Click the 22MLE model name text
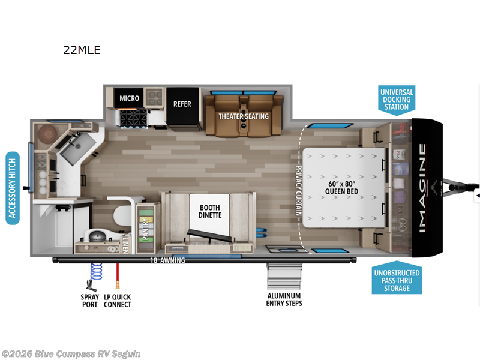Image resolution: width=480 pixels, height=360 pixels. [82, 50]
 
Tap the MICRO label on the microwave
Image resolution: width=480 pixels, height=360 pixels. [129, 98]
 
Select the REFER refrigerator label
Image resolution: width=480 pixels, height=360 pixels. [182, 104]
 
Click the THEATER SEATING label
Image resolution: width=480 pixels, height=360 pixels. [243, 116]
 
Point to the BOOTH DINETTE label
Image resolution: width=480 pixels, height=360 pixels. [210, 211]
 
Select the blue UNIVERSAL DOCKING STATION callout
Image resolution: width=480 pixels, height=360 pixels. [397, 100]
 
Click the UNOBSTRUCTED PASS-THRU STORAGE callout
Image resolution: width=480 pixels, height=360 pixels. [397, 281]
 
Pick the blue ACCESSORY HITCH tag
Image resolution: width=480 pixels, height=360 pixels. [13, 188]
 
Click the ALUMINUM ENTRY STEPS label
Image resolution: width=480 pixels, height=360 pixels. [284, 299]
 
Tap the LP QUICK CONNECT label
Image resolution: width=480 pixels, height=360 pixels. [118, 301]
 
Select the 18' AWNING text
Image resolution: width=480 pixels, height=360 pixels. [168, 260]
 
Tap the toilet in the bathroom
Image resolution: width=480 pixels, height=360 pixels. [97, 236]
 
